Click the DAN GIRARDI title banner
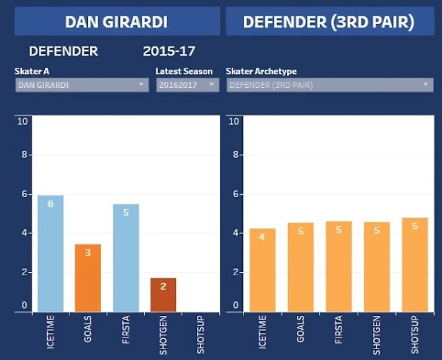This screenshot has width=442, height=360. click(x=116, y=22)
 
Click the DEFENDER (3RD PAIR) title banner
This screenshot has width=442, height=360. click(x=329, y=22)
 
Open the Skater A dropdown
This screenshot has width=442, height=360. click(x=82, y=85)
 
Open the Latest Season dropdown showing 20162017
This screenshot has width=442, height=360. click(x=187, y=85)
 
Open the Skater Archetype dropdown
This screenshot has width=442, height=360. click(x=329, y=85)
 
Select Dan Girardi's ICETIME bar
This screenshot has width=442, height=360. click(x=50, y=254)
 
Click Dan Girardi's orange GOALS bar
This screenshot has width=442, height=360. click(x=88, y=278)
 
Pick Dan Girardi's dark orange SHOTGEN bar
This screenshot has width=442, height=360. click(x=163, y=295)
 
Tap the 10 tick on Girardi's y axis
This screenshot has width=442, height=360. click(x=23, y=121)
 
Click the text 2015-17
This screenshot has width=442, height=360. click(x=169, y=51)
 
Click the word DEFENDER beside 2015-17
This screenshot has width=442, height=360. click(x=64, y=51)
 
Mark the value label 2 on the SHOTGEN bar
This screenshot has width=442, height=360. click(x=163, y=286)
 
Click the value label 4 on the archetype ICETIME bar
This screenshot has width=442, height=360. click(x=262, y=237)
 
